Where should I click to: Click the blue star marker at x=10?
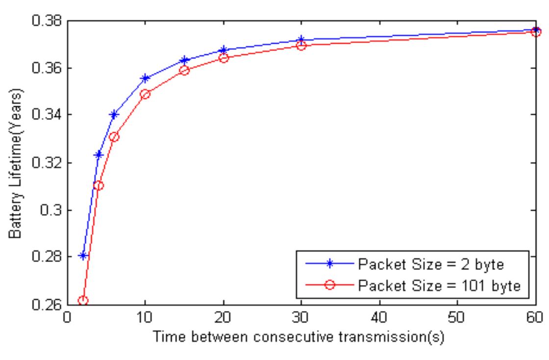(x=145, y=78)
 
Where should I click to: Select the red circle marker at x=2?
(x=83, y=300)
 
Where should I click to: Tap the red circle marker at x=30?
(x=301, y=46)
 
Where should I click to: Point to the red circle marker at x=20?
(x=224, y=58)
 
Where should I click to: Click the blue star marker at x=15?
(x=184, y=61)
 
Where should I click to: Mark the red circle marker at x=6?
(x=114, y=137)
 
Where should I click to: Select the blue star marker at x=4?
(x=99, y=155)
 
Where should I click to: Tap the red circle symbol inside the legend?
(x=329, y=285)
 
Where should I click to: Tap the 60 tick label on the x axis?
(x=535, y=318)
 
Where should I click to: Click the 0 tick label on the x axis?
(x=67, y=318)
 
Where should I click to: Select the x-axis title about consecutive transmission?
(x=300, y=338)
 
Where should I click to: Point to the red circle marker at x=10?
(x=145, y=95)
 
